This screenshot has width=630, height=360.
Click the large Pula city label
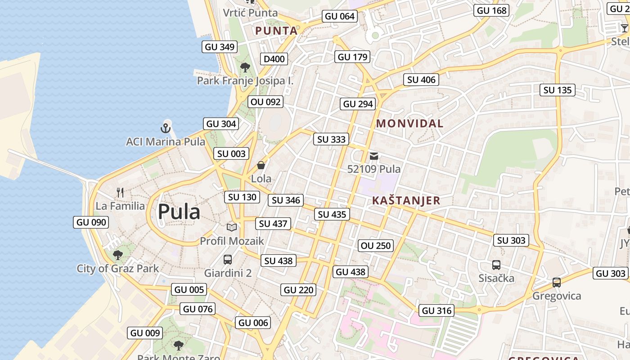click(x=179, y=211)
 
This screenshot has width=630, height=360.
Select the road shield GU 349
click(x=220, y=47)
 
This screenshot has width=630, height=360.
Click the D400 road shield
click(x=274, y=59)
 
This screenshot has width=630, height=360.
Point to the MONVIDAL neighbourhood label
click(x=409, y=123)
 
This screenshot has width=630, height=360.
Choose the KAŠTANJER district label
click(x=406, y=201)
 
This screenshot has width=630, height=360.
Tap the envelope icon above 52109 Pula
click(x=374, y=157)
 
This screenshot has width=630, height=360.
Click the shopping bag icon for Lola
click(x=261, y=166)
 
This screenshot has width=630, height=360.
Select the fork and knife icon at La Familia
click(x=120, y=193)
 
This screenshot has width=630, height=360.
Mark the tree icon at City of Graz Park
click(x=118, y=255)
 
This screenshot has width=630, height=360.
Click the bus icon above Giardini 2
click(x=228, y=259)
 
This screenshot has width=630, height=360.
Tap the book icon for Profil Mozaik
click(x=232, y=228)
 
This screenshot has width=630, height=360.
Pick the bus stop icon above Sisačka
click(x=496, y=265)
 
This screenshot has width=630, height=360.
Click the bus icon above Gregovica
click(x=557, y=282)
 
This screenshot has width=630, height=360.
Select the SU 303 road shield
click(x=511, y=241)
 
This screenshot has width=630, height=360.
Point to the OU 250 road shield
click(x=376, y=246)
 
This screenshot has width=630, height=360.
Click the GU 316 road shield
click(x=436, y=310)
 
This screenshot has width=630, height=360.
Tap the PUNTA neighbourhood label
click(x=276, y=31)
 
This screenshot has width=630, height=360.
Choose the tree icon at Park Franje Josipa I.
click(x=245, y=67)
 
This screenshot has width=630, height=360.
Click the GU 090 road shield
click(x=91, y=222)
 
